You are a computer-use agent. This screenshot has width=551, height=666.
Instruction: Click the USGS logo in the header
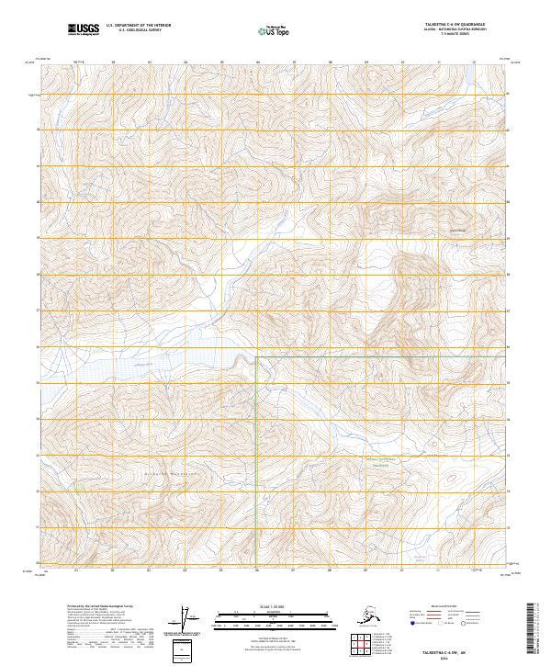[84, 31]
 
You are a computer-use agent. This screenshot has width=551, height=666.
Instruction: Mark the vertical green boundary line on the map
[255, 441]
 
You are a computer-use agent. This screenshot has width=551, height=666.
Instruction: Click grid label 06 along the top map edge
[258, 62]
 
